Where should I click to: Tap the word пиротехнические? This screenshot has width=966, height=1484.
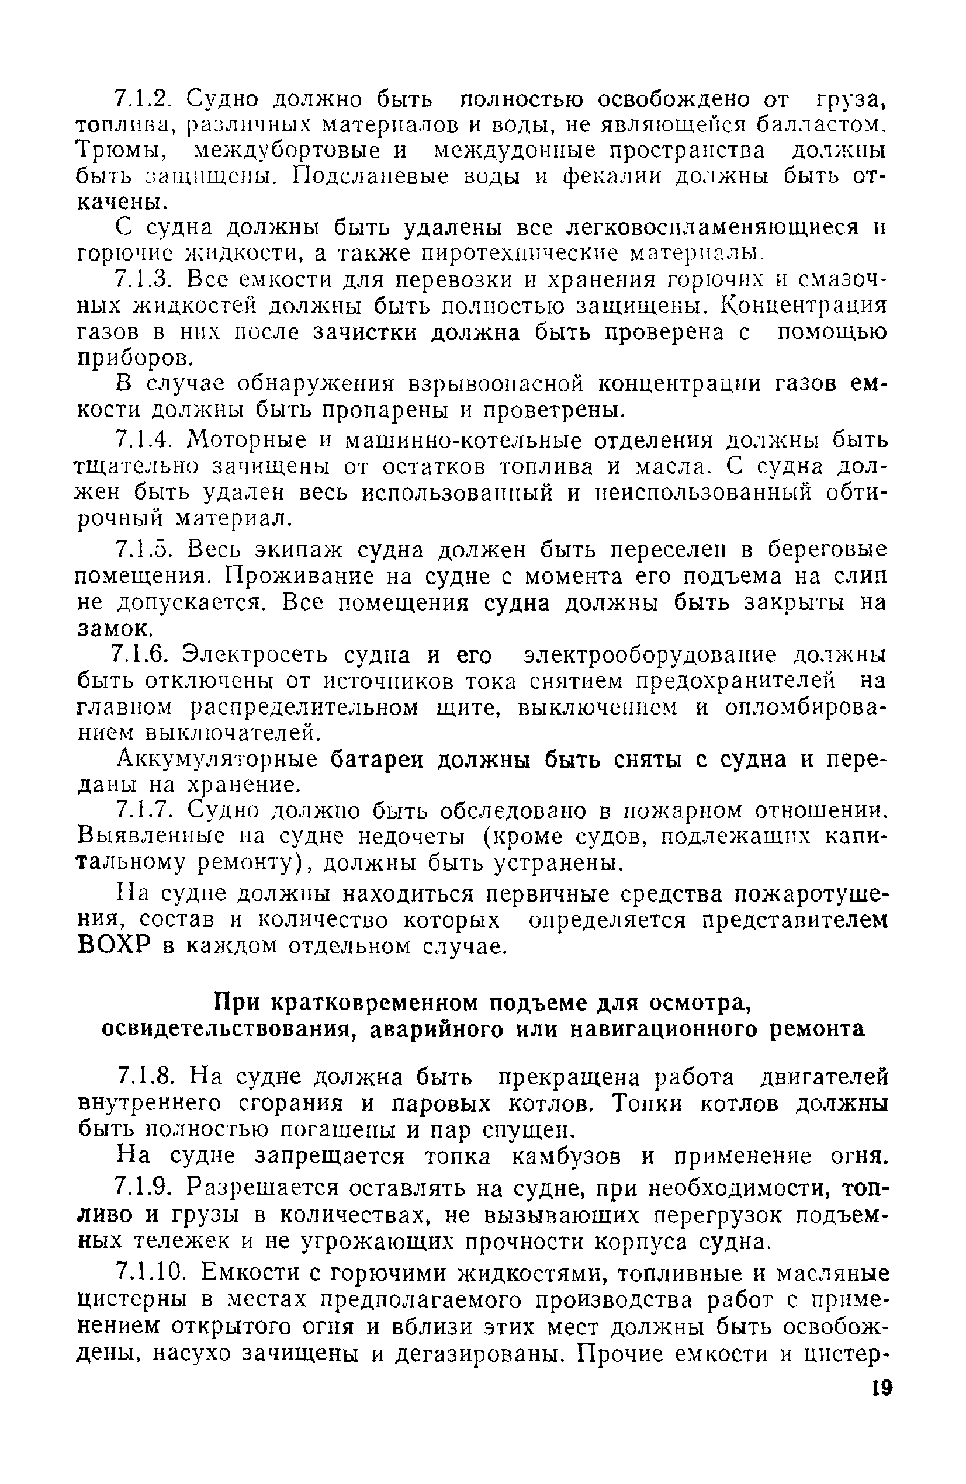(520, 254)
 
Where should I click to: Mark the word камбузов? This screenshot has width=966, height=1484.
(566, 1157)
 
